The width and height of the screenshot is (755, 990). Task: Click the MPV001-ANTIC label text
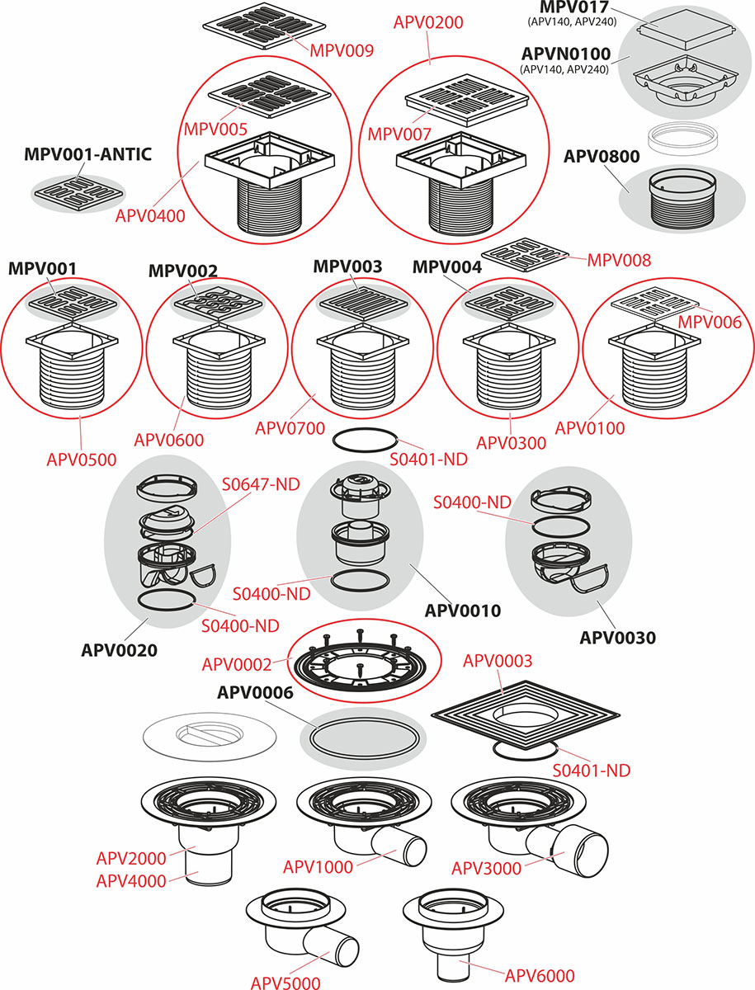tap(88, 155)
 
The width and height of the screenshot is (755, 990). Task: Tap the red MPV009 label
tap(342, 50)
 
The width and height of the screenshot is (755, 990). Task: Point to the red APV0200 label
tap(428, 22)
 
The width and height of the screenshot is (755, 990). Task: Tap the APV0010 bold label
tap(462, 611)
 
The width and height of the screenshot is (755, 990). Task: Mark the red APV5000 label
tap(287, 982)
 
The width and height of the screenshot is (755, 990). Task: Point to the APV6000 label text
tap(540, 975)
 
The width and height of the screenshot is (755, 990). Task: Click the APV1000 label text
tap(318, 866)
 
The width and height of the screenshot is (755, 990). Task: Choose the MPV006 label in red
tap(710, 323)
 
